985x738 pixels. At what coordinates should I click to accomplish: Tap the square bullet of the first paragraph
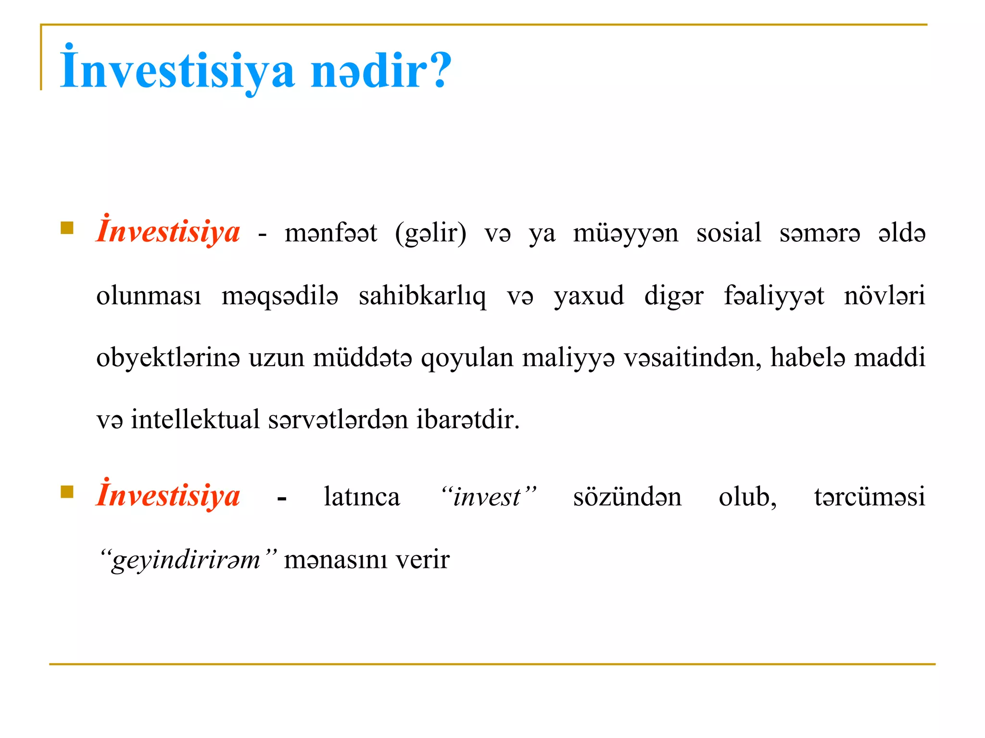point(67,228)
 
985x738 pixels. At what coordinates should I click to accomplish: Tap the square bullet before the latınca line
point(67,492)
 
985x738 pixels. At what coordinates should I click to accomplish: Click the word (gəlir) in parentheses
point(430,234)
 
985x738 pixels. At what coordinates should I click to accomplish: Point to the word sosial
point(729,233)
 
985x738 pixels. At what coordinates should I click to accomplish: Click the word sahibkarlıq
point(422,296)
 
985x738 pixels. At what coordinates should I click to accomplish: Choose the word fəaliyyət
point(774,296)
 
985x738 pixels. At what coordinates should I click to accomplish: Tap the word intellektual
point(195,419)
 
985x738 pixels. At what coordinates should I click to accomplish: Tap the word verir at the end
point(422,560)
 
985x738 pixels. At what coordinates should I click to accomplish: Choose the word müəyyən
point(625,234)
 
